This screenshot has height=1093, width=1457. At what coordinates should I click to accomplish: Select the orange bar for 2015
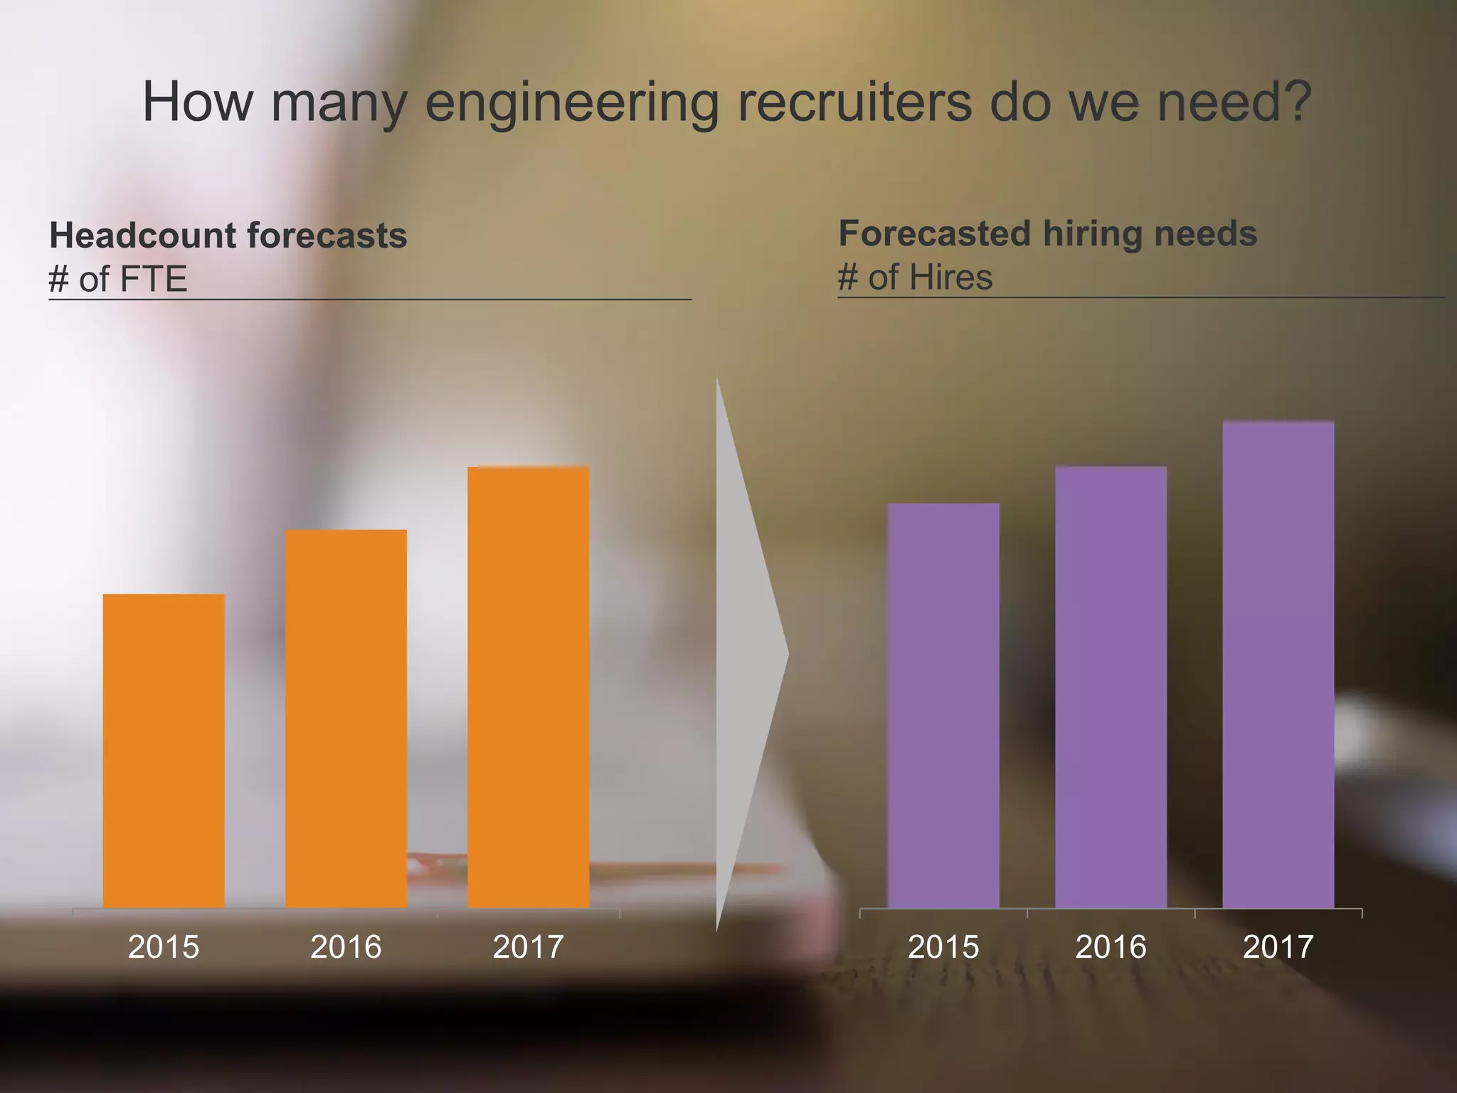coord(164,751)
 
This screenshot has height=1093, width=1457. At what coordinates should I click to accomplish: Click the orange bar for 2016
coord(346,719)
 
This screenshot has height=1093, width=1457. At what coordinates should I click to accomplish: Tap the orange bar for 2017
coord(528,687)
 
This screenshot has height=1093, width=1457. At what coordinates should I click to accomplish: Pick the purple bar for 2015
coord(943,704)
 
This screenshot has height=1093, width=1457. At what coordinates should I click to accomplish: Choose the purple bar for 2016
coord(1111,687)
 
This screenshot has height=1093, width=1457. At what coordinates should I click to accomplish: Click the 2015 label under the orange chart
coord(164,947)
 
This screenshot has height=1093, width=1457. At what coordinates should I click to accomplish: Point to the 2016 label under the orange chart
coord(346,947)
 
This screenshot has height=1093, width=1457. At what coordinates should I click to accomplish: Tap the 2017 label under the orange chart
coord(528,947)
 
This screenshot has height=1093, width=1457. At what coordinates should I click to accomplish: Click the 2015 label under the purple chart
coord(943,947)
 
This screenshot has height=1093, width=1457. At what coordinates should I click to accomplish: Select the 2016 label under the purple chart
coord(1111,947)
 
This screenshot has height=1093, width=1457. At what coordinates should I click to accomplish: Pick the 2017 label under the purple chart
coord(1278,947)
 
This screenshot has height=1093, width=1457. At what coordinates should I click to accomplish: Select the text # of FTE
coord(117,278)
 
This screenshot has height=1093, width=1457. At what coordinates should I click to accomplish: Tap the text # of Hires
coord(915,277)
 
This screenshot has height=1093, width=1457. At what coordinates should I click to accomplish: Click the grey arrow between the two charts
coord(747,651)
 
